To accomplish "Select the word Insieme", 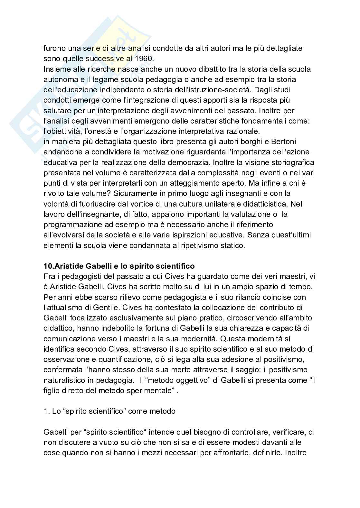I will [56, 69].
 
